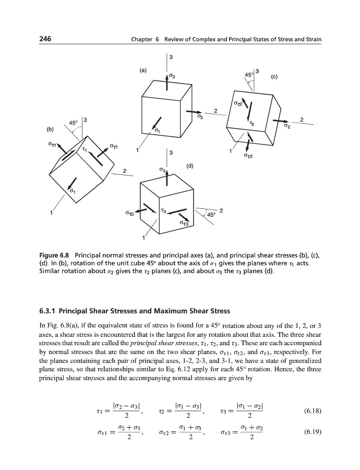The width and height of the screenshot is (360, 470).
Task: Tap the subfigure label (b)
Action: (x=50, y=127)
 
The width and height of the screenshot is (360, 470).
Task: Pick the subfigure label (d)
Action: (x=190, y=166)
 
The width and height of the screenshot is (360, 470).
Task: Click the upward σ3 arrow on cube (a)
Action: (x=167, y=84)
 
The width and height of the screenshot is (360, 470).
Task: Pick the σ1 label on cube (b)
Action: (x=73, y=191)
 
